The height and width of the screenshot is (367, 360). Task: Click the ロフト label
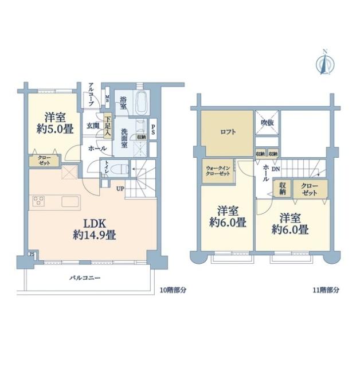pos(228,131)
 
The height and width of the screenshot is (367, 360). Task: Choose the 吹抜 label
pos(267,123)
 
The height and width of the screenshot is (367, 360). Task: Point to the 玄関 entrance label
pos(93,124)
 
